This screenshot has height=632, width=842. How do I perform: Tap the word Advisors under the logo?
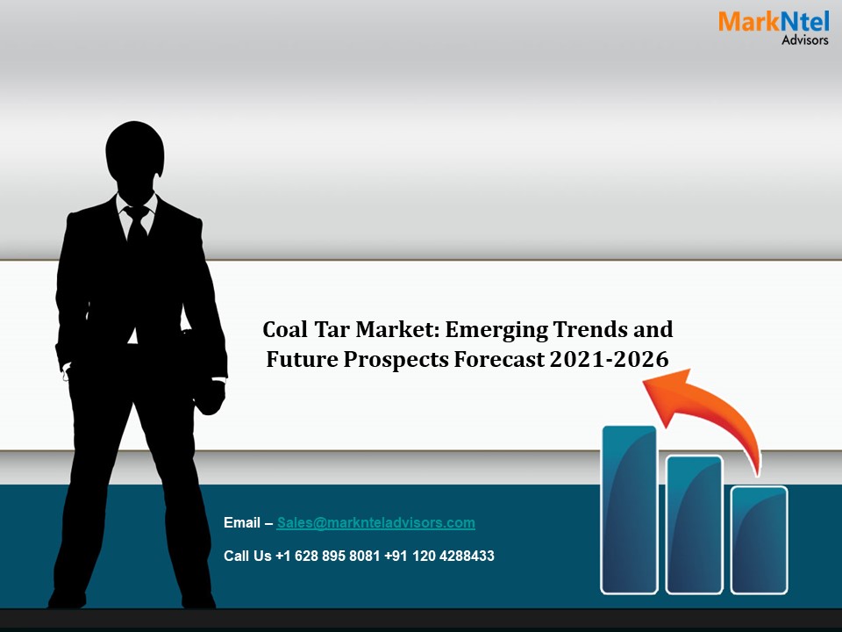pyautogui.click(x=804, y=39)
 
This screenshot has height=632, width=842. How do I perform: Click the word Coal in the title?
pyautogui.click(x=285, y=330)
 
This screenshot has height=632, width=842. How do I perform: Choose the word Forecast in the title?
pyautogui.click(x=503, y=358)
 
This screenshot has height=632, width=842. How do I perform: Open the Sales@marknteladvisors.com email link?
pyautogui.click(x=375, y=523)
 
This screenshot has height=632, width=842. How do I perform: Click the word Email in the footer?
pyautogui.click(x=242, y=523)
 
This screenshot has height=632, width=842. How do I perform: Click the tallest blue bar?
pyautogui.click(x=629, y=509)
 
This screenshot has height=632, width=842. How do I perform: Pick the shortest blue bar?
pyautogui.click(x=759, y=539)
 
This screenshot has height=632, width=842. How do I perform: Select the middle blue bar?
pyautogui.click(x=694, y=524)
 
